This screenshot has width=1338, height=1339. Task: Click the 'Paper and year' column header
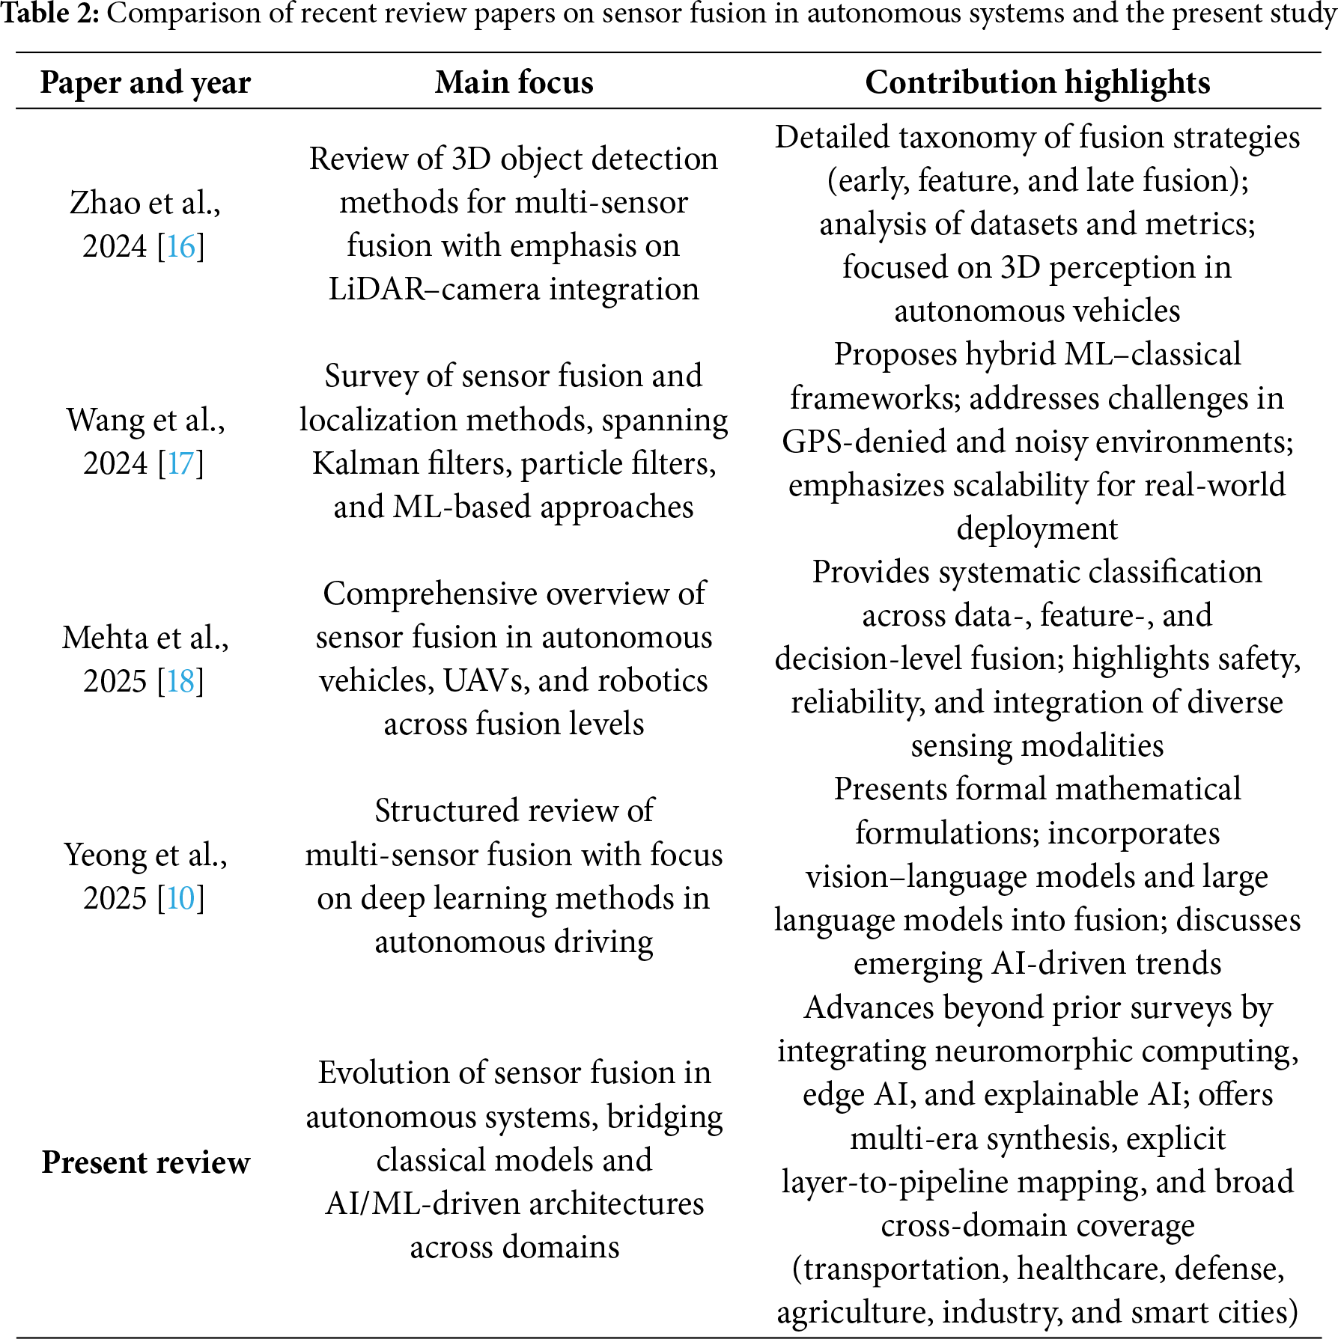coord(145,82)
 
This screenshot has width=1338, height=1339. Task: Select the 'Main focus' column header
coord(514,82)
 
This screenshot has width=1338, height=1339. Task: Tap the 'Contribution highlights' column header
coord(1037,82)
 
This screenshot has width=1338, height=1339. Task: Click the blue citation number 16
coord(180,246)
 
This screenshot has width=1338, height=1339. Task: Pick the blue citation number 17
coord(180,463)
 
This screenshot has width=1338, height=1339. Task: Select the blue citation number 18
coord(180,681)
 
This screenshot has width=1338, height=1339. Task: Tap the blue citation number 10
coord(180,898)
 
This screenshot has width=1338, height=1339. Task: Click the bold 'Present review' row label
coord(145,1162)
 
